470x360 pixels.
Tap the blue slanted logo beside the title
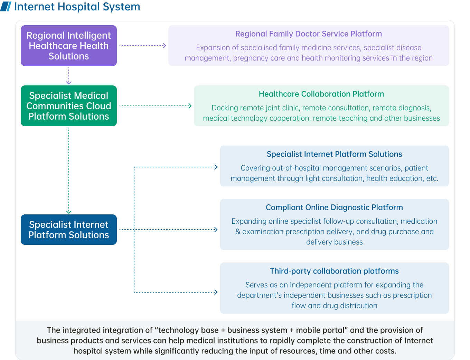pyautogui.click(x=6, y=7)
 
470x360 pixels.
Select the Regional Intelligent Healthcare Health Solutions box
pyautogui.click(x=69, y=46)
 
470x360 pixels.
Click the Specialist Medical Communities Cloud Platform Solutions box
pyautogui.click(x=69, y=106)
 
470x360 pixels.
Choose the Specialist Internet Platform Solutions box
pyautogui.click(x=69, y=230)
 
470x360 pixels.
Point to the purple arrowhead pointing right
pyautogui.click(x=164, y=46)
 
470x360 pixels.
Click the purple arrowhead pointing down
pyautogui.click(x=69, y=82)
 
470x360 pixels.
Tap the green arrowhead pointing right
pyautogui.click(x=190, y=106)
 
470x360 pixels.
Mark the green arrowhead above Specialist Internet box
pyautogui.click(x=69, y=212)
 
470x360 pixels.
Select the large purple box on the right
pyautogui.click(x=309, y=46)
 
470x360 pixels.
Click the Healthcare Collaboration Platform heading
pyautogui.click(x=321, y=94)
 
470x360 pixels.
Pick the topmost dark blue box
pyautogui.click(x=334, y=166)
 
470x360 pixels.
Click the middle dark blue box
pyautogui.click(x=334, y=224)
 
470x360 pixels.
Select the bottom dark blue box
pyautogui.click(x=334, y=288)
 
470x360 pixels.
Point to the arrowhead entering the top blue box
pyautogui.click(x=216, y=167)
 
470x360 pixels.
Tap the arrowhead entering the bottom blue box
pyautogui.click(x=216, y=292)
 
